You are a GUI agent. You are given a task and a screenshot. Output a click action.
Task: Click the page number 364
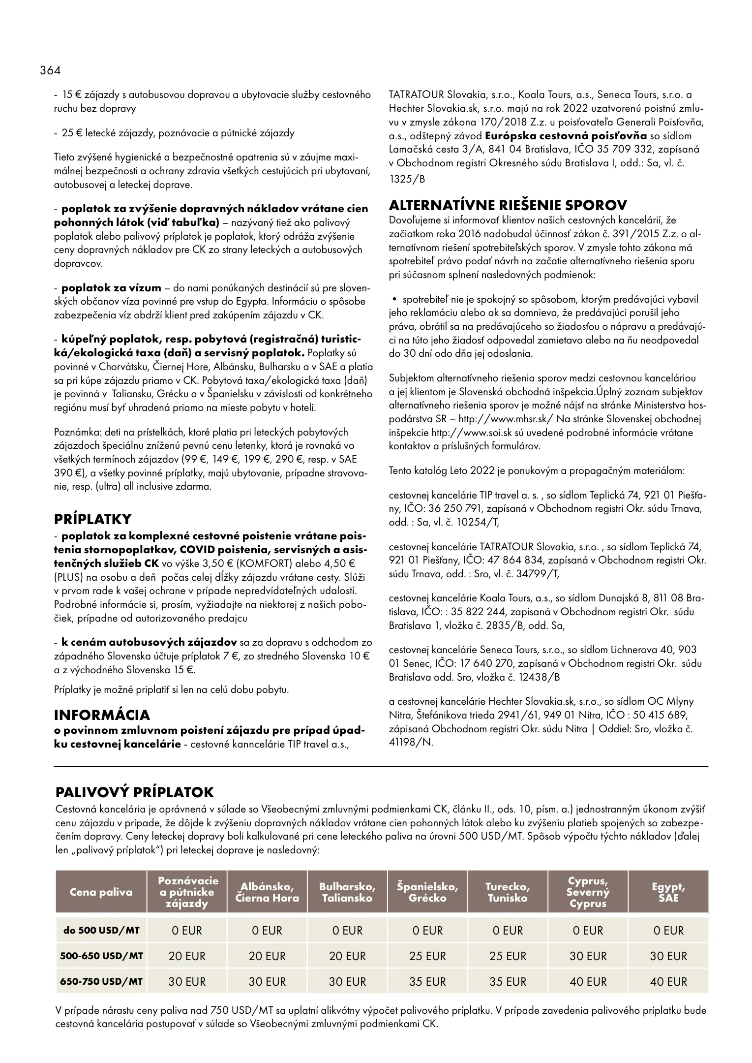pyautogui.click(x=51, y=70)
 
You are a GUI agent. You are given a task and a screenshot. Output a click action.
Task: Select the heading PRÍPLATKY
pyautogui.click(x=93, y=519)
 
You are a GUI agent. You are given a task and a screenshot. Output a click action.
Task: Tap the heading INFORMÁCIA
pyautogui.click(x=102, y=715)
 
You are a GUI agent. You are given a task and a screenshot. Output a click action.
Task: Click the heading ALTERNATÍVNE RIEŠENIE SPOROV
pyautogui.click(x=508, y=205)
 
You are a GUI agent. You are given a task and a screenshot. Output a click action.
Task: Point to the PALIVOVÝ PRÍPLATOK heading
pyautogui.click(x=135, y=792)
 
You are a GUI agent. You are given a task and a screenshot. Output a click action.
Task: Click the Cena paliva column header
pyautogui.click(x=101, y=892)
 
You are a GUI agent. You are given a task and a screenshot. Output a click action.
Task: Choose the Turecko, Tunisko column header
pyautogui.click(x=508, y=892)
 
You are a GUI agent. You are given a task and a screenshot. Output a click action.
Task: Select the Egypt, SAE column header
pyautogui.click(x=668, y=892)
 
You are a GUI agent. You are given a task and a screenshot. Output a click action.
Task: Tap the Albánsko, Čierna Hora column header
pyautogui.click(x=267, y=892)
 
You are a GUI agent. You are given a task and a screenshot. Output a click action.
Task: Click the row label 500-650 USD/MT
pyautogui.click(x=101, y=956)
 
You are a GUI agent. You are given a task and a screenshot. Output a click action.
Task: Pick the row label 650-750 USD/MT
pyautogui.click(x=101, y=981)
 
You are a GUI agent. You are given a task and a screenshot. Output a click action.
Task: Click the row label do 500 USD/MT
pyautogui.click(x=101, y=930)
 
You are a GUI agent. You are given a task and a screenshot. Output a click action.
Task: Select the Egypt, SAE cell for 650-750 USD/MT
pyautogui.click(x=668, y=981)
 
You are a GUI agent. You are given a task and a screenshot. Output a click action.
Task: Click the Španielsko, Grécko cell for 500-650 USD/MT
pyautogui.click(x=427, y=956)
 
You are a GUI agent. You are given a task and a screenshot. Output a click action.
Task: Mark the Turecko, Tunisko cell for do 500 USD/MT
pyautogui.click(x=508, y=930)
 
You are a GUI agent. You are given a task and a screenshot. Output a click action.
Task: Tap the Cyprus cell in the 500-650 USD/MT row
pyautogui.click(x=588, y=956)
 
